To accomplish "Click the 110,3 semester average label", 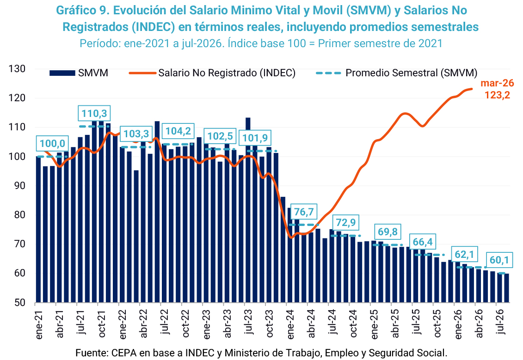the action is (x=94, y=113).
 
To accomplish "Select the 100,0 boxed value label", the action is (x=52, y=143).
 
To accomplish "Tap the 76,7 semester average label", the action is (x=304, y=212).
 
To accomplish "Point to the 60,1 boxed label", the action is (x=499, y=260).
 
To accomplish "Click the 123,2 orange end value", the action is (x=497, y=95).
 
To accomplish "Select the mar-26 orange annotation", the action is (x=497, y=83).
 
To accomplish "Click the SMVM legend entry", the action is (x=79, y=73).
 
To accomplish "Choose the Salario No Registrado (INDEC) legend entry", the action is (x=212, y=73).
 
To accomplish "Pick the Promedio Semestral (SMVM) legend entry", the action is (x=397, y=73).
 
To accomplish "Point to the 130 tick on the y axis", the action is (x=17, y=69).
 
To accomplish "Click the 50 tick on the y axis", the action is (x=20, y=302).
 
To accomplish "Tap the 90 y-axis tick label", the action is (x=20, y=186).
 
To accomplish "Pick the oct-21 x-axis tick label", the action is (x=102, y=323).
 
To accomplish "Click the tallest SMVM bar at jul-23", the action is (x=248, y=210).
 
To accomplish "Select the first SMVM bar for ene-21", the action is (x=38, y=229).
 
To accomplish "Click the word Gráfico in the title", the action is (x=76, y=11).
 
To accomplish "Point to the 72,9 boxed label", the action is (x=346, y=222).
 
